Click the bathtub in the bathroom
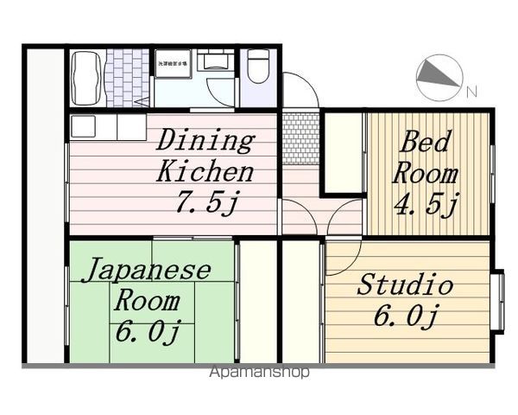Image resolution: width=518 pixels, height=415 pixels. pos(86,77)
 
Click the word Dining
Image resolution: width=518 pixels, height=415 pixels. pos(205,140)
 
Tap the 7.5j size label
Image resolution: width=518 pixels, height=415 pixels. pos(206,202)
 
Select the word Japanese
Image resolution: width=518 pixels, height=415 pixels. pos(146,271)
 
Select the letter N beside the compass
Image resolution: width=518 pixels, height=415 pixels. pos(471,90)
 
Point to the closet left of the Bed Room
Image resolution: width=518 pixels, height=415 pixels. pos(344,152)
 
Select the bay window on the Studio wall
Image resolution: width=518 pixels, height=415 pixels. pos(497,302)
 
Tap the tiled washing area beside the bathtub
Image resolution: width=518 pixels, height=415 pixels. pos(127,77)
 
